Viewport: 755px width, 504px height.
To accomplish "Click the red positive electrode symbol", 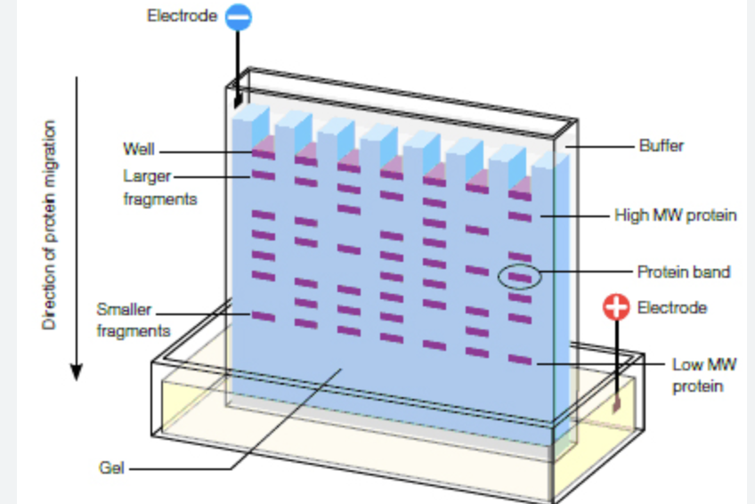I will click(616, 307).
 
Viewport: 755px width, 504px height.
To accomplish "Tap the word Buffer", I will click(662, 145).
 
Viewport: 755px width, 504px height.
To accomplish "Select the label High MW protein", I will click(676, 215).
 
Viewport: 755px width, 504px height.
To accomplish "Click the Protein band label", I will click(683, 272).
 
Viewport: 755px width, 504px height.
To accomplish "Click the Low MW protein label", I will click(703, 375).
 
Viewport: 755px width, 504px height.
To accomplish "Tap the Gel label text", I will click(112, 467).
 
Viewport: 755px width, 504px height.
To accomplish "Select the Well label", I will click(138, 149).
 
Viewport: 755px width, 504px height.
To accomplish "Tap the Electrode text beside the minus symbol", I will click(182, 16).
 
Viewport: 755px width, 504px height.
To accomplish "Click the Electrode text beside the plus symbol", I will click(672, 307).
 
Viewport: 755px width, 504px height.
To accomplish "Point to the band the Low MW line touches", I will click(519, 361).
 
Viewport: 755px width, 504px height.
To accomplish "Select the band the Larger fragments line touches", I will click(263, 175).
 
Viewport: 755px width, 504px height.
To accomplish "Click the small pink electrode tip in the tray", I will click(615, 404).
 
